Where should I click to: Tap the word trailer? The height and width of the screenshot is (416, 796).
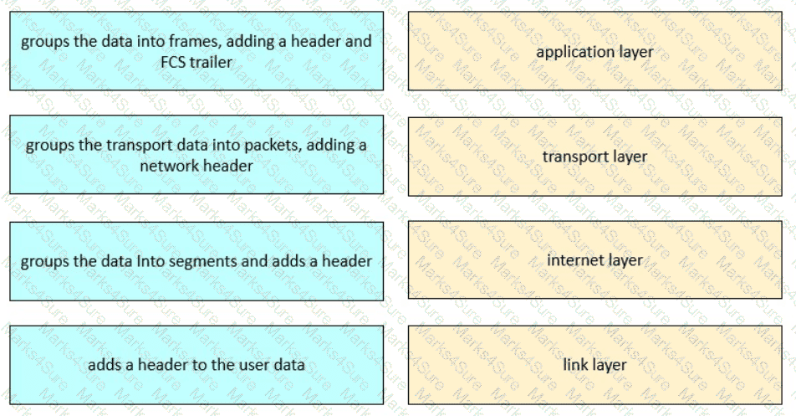[212, 63]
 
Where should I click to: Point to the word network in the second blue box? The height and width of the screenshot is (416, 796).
[169, 166]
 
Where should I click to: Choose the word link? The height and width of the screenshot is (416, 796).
[575, 365]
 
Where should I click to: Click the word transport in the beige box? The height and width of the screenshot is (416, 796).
[572, 157]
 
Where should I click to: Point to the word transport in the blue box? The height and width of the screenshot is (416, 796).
[139, 146]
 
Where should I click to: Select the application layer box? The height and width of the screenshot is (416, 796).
[595, 51]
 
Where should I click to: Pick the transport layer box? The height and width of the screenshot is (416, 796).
[595, 157]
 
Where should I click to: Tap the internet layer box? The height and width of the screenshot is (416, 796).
[595, 260]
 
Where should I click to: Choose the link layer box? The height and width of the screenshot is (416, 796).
[595, 365]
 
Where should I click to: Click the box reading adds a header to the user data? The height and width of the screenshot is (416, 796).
[196, 365]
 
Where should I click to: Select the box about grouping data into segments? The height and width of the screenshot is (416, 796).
[196, 261]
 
